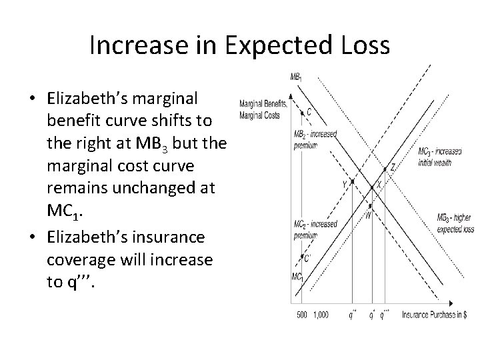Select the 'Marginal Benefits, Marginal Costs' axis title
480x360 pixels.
(262, 108)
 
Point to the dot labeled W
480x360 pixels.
(370, 206)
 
